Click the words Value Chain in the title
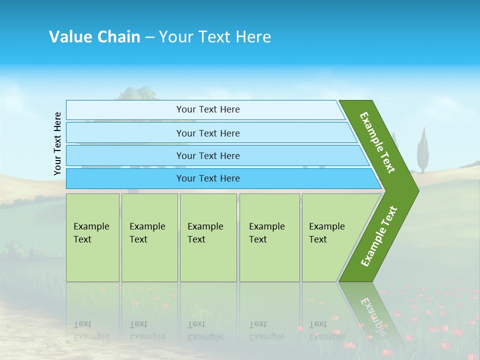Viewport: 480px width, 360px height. [94, 36]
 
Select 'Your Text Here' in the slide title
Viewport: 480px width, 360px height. [215, 36]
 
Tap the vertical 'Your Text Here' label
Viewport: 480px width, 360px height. [57, 143]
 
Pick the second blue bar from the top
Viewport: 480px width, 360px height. [208, 133]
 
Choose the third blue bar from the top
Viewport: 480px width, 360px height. [208, 155]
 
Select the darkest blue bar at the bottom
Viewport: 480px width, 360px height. [208, 178]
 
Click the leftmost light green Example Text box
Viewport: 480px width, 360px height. [92, 237]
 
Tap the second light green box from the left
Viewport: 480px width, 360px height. [149, 237]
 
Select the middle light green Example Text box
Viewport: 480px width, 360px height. [208, 237]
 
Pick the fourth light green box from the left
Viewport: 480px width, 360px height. [269, 237]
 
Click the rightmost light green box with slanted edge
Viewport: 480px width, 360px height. [330, 237]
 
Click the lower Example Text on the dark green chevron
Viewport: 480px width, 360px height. [379, 236]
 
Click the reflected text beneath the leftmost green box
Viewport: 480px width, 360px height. [91, 330]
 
